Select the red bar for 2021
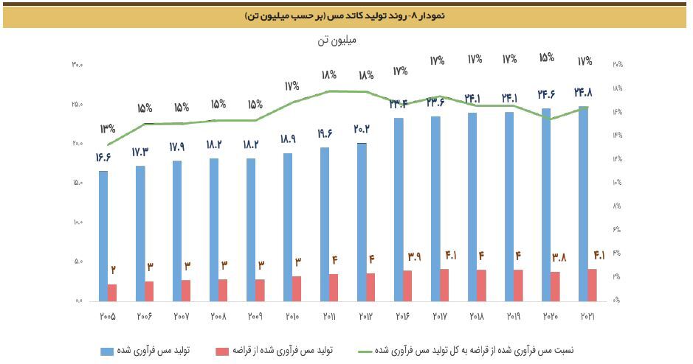[593, 284]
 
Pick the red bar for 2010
[297, 288]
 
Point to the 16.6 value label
[103, 157]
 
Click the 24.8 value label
[583, 93]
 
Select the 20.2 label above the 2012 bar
[362, 129]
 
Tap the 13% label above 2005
[108, 129]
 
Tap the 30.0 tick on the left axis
[77, 65]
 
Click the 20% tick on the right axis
[618, 65]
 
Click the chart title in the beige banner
[346, 15]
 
